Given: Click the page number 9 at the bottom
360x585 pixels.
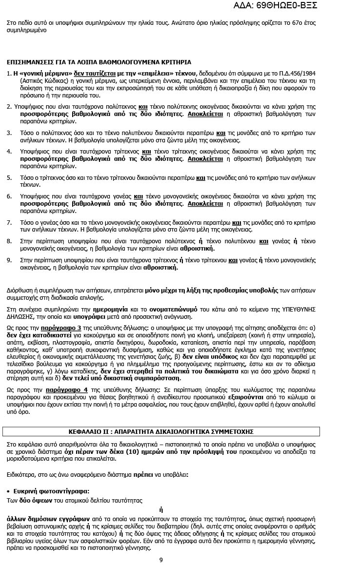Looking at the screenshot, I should [161, 559].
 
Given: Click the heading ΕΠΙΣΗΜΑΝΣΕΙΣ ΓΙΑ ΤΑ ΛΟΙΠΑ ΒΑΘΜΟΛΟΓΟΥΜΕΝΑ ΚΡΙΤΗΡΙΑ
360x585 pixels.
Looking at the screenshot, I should [99, 62].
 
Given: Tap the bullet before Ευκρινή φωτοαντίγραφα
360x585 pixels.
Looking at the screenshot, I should [9, 491].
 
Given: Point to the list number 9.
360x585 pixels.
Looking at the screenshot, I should [9, 260].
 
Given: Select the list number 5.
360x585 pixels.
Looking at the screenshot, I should [9, 177].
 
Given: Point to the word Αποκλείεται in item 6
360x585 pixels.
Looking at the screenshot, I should [205, 204].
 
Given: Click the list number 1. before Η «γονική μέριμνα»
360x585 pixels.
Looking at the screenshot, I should [9, 73].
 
